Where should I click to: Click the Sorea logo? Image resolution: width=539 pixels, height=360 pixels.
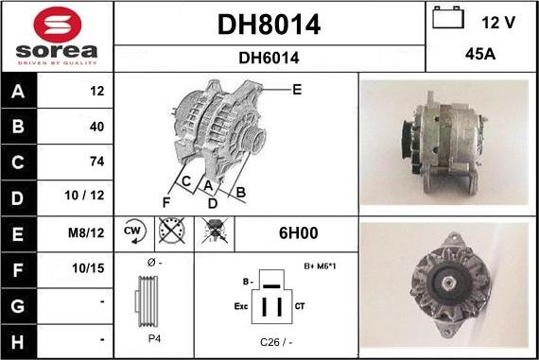[x=55, y=36]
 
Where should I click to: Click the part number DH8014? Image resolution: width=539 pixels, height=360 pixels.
[x=269, y=26]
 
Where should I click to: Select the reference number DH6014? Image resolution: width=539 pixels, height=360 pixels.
[x=269, y=58]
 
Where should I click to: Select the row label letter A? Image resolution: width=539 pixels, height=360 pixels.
[x=19, y=92]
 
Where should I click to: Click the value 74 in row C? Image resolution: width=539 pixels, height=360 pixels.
[x=96, y=161]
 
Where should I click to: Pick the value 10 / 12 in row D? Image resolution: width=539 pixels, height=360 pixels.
[x=84, y=196]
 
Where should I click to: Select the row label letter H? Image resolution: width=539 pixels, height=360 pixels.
[x=19, y=338]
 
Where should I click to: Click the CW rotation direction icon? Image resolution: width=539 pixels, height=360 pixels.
[x=132, y=231]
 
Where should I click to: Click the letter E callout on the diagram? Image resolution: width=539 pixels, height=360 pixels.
[x=296, y=90]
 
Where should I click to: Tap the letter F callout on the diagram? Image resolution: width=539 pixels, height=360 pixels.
[x=166, y=201]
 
